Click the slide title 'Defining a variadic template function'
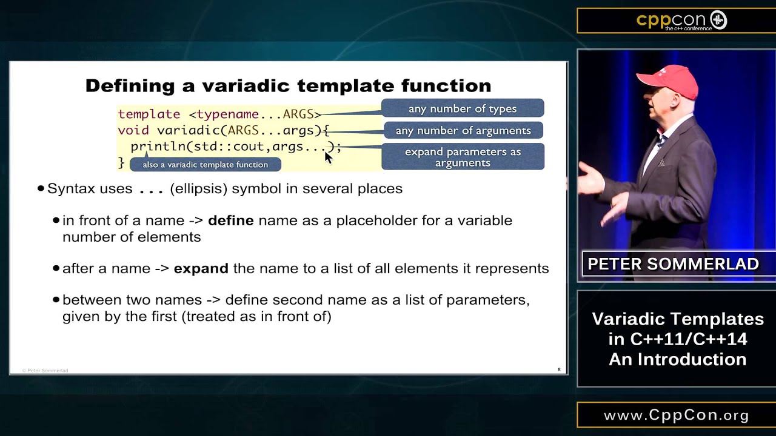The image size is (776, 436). [x=288, y=85]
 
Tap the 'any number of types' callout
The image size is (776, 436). [x=463, y=108]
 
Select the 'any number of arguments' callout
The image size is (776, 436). [x=463, y=130]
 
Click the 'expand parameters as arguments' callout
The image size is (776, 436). [x=463, y=157]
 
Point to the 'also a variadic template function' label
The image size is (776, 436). [x=206, y=165]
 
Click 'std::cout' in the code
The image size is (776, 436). [x=230, y=147]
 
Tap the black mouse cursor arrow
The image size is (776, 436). [x=328, y=157]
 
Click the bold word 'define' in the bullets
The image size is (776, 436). [x=230, y=220]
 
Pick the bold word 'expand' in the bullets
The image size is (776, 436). [x=201, y=268]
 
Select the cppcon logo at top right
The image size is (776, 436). [x=681, y=21]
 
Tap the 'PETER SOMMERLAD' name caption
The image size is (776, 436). [x=673, y=264]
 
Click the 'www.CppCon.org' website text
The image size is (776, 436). [x=677, y=415]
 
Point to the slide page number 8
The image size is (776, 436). [x=559, y=369]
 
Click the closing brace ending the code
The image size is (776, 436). [x=121, y=162]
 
